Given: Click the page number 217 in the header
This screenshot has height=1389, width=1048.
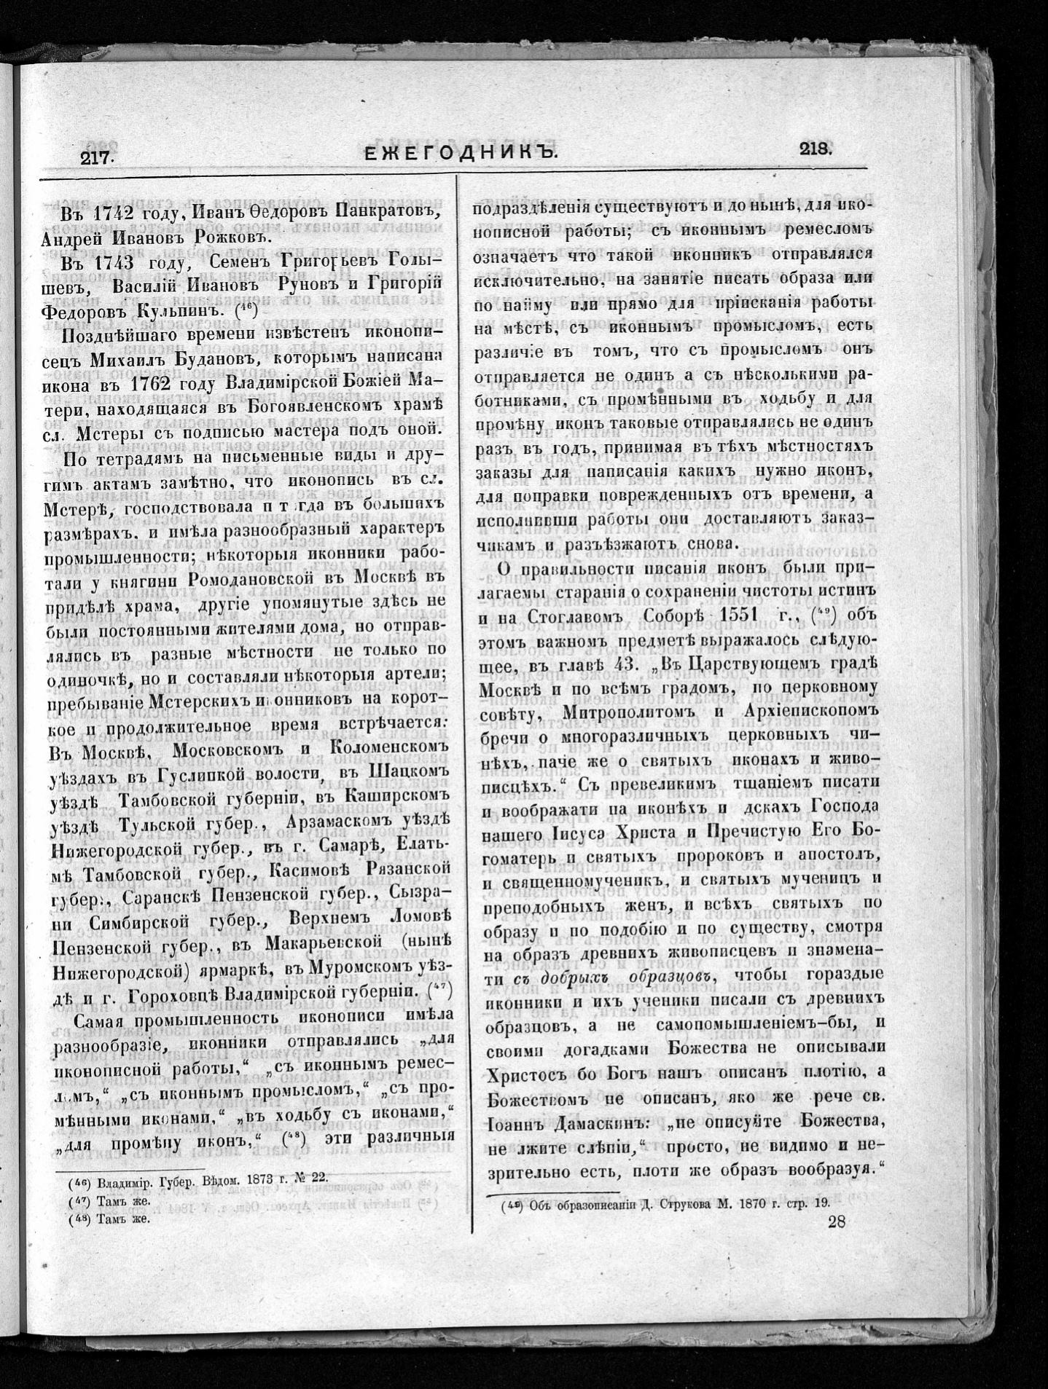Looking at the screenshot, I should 94,156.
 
